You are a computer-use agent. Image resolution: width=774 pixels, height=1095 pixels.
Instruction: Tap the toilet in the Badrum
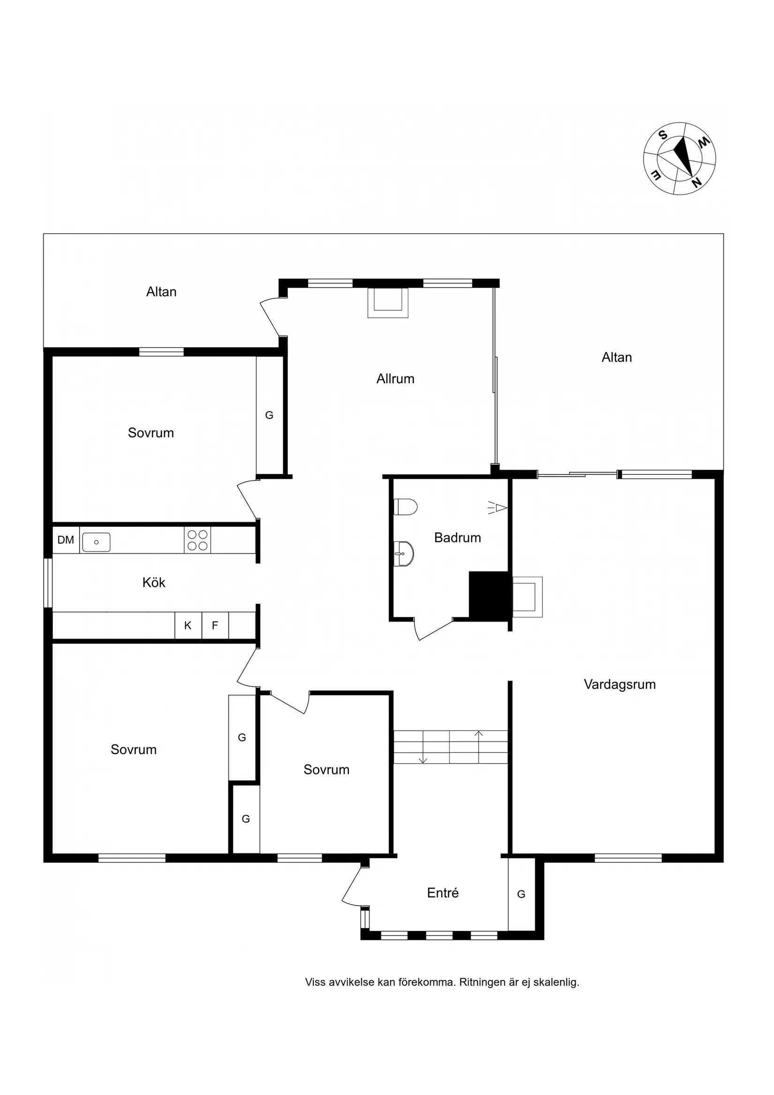pyautogui.click(x=406, y=507)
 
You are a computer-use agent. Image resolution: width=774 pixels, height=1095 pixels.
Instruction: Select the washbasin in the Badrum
pyautogui.click(x=404, y=554)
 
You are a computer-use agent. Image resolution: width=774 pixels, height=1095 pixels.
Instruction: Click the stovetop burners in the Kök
pyautogui.click(x=197, y=540)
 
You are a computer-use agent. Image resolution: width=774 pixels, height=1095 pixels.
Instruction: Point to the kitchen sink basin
pyautogui.click(x=96, y=542)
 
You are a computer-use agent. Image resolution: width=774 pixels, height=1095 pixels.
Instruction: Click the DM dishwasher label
pyautogui.click(x=66, y=540)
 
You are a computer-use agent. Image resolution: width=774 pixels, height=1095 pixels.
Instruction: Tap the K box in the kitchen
pyautogui.click(x=188, y=625)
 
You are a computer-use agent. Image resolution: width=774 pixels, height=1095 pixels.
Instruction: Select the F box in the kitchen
pyautogui.click(x=215, y=625)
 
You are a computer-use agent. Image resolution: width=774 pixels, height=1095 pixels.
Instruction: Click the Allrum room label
pyautogui.click(x=395, y=379)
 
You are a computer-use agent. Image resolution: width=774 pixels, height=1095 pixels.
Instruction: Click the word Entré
pyautogui.click(x=442, y=893)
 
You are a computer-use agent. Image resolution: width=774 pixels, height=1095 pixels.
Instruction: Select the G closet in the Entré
pyautogui.click(x=521, y=894)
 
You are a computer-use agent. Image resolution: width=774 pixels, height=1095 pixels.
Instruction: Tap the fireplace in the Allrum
pyautogui.click(x=388, y=303)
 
